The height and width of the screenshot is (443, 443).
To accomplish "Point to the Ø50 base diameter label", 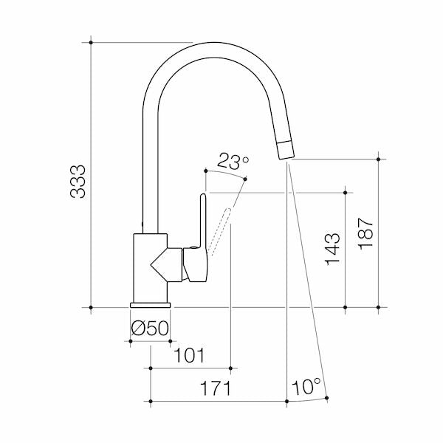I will pyautogui.click(x=150, y=327).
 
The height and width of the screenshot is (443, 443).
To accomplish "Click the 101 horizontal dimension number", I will pyautogui.click(x=189, y=356).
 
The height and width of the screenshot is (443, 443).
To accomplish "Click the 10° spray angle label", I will pyautogui.click(x=306, y=387).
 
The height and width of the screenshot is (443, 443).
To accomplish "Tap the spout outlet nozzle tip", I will pyautogui.click(x=286, y=149).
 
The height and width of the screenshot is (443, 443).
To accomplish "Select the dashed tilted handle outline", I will pyautogui.click(x=222, y=229).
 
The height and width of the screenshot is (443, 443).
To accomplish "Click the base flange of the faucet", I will pyautogui.click(x=151, y=303).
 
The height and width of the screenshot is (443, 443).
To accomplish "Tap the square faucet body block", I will pyautogui.click(x=150, y=268).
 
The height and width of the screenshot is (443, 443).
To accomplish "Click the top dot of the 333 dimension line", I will pyautogui.click(x=91, y=42).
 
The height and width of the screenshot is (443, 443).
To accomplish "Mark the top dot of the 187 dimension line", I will pyautogui.click(x=378, y=158).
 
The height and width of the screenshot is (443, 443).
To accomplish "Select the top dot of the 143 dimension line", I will pyautogui.click(x=346, y=192).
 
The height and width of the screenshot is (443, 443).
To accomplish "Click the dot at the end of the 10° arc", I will pyautogui.click(x=327, y=399).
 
